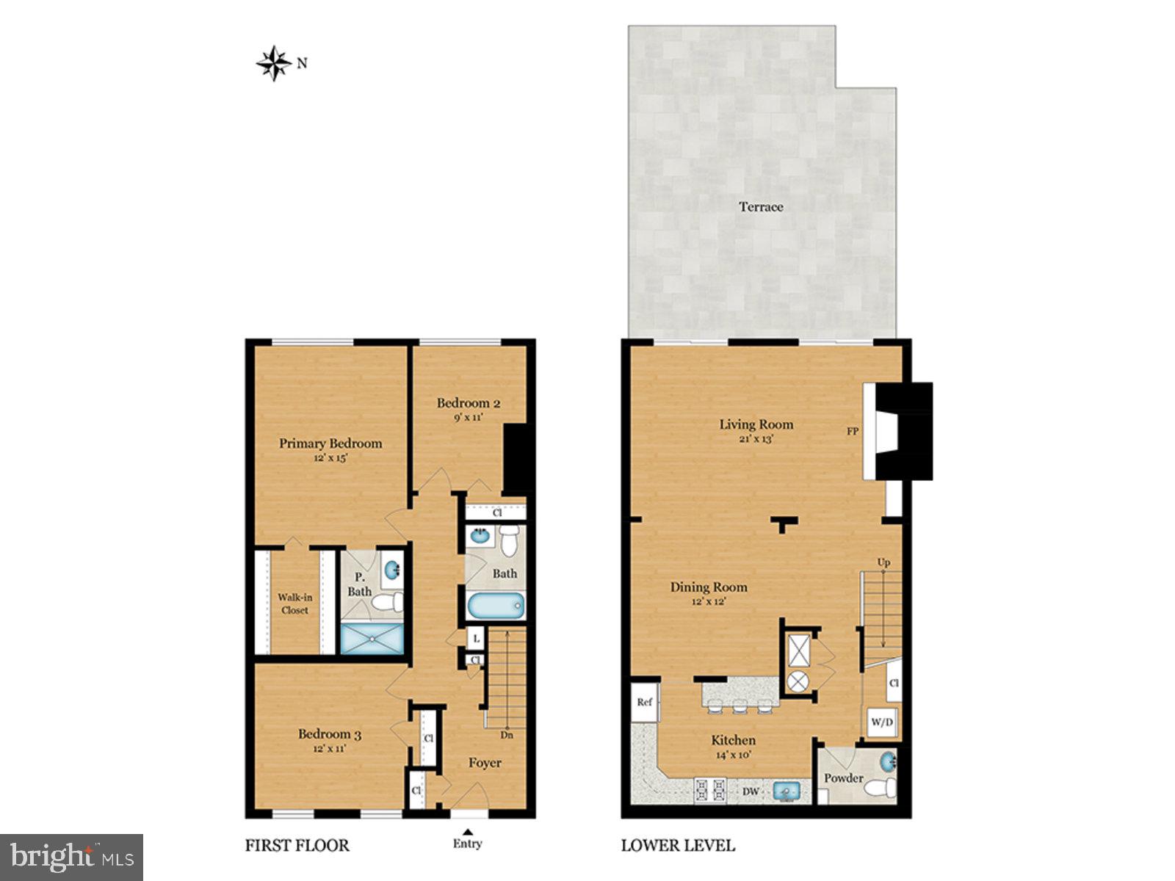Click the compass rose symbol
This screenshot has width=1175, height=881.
[274, 63]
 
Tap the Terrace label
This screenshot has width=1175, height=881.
[761, 207]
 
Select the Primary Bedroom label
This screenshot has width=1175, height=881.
[330, 443]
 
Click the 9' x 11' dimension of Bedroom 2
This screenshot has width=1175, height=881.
[468, 418]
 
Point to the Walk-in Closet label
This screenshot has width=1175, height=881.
[294, 603]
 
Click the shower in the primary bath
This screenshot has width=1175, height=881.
[372, 639]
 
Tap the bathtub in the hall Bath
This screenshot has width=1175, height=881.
[496, 606]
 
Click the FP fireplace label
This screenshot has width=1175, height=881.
[853, 432]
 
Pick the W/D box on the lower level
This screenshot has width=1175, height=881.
[882, 722]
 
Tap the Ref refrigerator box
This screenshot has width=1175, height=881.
[644, 703]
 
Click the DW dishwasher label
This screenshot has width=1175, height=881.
[751, 791]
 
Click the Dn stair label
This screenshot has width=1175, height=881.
[507, 735]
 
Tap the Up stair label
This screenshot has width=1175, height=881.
[883, 562]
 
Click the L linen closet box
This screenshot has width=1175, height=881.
[476, 639]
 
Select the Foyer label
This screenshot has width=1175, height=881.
[485, 764]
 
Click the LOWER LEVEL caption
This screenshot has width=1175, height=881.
[678, 846]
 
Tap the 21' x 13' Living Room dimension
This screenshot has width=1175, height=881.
[756, 439]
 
